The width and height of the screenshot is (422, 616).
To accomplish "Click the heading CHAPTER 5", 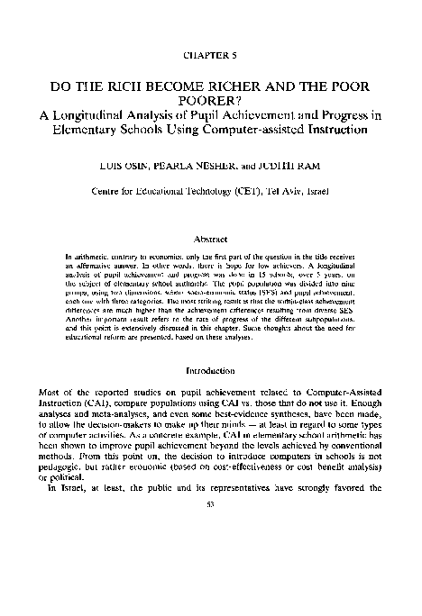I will pyautogui.click(x=210, y=56).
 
